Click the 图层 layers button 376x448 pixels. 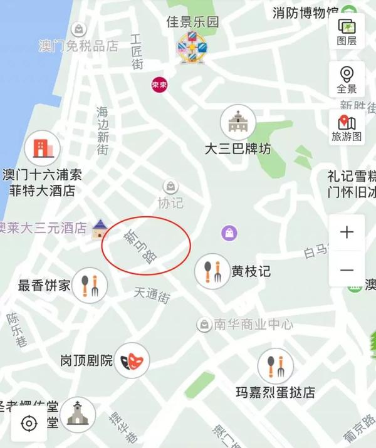(x=347, y=32)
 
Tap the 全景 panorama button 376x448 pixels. (x=347, y=78)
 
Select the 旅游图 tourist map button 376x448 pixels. (x=347, y=127)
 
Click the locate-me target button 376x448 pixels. (x=29, y=424)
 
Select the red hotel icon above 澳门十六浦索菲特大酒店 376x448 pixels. (x=41, y=148)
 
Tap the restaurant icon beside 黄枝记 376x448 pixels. (x=212, y=271)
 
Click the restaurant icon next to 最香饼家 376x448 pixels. (x=90, y=285)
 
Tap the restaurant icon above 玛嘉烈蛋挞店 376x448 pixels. (x=275, y=366)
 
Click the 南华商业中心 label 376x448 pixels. (x=253, y=325)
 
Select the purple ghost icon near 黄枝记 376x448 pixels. (x=229, y=234)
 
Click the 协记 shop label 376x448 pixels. (x=170, y=203)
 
